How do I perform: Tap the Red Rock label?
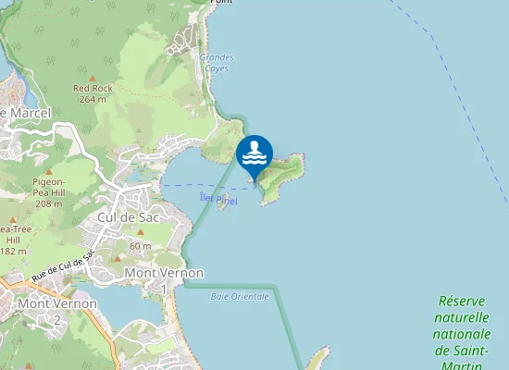[93, 88]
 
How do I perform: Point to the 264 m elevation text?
[93, 99]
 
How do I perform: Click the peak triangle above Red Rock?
[93, 78]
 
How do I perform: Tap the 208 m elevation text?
[48, 203]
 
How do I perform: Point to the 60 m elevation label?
[140, 246]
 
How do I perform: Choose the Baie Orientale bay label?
[240, 296]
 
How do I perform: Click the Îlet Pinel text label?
[218, 199]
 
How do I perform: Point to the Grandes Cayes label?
[216, 63]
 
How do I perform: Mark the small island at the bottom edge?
[317, 359]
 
